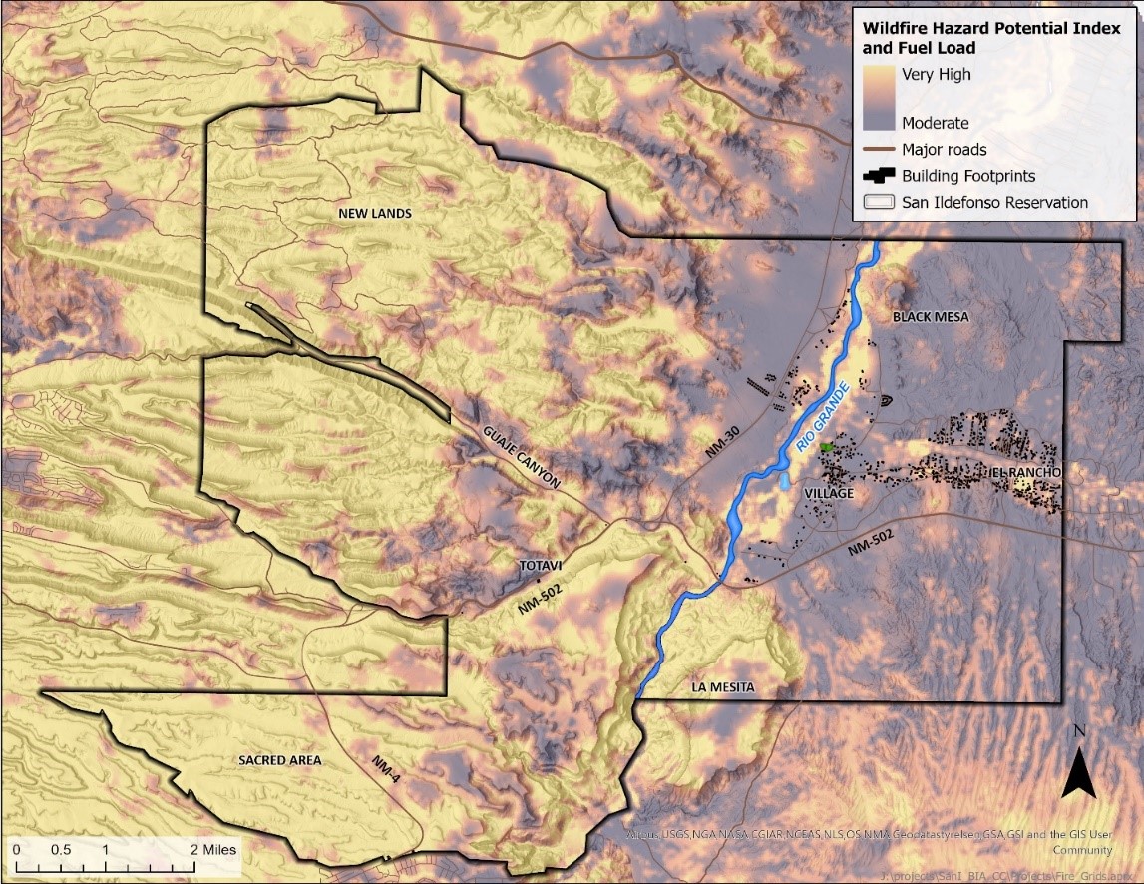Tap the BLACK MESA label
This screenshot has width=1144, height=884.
pyautogui.click(x=929, y=316)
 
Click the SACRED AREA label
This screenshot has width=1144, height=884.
pyautogui.click(x=280, y=760)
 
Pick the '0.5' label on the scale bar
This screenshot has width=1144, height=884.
pyautogui.click(x=60, y=850)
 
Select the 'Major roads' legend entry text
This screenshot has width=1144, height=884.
pyautogui.click(x=944, y=150)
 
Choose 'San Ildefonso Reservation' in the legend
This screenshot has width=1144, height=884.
pyautogui.click(x=993, y=202)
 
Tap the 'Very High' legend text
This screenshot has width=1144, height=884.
pyautogui.click(x=936, y=74)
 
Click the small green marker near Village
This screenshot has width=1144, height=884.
pyautogui.click(x=826, y=449)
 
